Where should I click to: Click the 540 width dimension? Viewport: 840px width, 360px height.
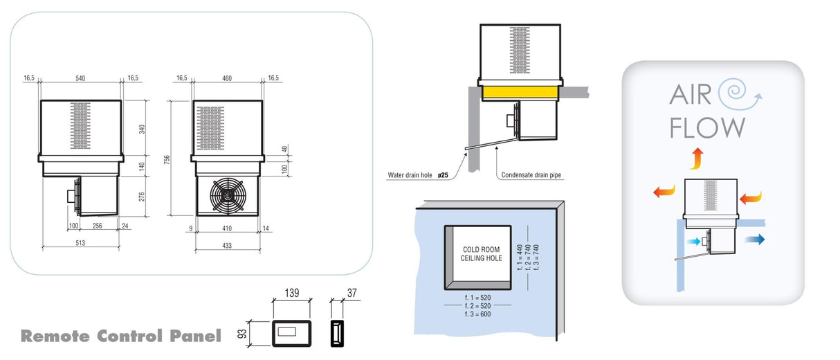tap(80, 78)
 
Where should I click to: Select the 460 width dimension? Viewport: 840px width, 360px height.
tap(226, 78)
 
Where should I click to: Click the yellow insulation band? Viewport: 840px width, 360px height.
tap(518, 92)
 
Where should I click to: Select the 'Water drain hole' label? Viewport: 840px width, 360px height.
tap(410, 176)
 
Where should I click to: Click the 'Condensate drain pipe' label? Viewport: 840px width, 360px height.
tap(531, 176)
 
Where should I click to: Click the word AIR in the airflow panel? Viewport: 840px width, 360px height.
tap(690, 94)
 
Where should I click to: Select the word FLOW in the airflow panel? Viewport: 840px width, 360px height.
tap(707, 127)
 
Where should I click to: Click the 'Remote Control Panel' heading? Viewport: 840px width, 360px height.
tap(121, 336)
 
